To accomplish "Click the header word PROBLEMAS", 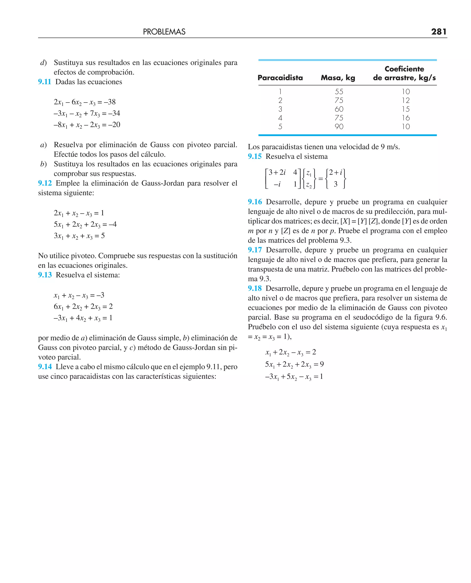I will (164, 32).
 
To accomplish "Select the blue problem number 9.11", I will (44, 82).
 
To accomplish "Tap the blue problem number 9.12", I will (45, 183).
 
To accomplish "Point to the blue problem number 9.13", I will (45, 275).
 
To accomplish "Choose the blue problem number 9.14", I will (45, 367).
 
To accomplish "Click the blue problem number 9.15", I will (255, 157).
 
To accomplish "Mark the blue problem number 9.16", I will (255, 202).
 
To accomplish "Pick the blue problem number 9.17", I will (255, 250).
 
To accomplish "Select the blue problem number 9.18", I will (255, 289).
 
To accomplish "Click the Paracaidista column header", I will (280, 78).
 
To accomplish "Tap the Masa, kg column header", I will (338, 78).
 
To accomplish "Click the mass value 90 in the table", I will (339, 127).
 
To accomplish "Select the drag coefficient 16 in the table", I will (406, 118).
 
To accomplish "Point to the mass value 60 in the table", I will (339, 109).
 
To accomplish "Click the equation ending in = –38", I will (85, 102).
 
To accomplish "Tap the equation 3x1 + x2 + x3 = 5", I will (79, 236).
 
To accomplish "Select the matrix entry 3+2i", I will (277, 172).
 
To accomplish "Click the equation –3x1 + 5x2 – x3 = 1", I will (294, 377).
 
